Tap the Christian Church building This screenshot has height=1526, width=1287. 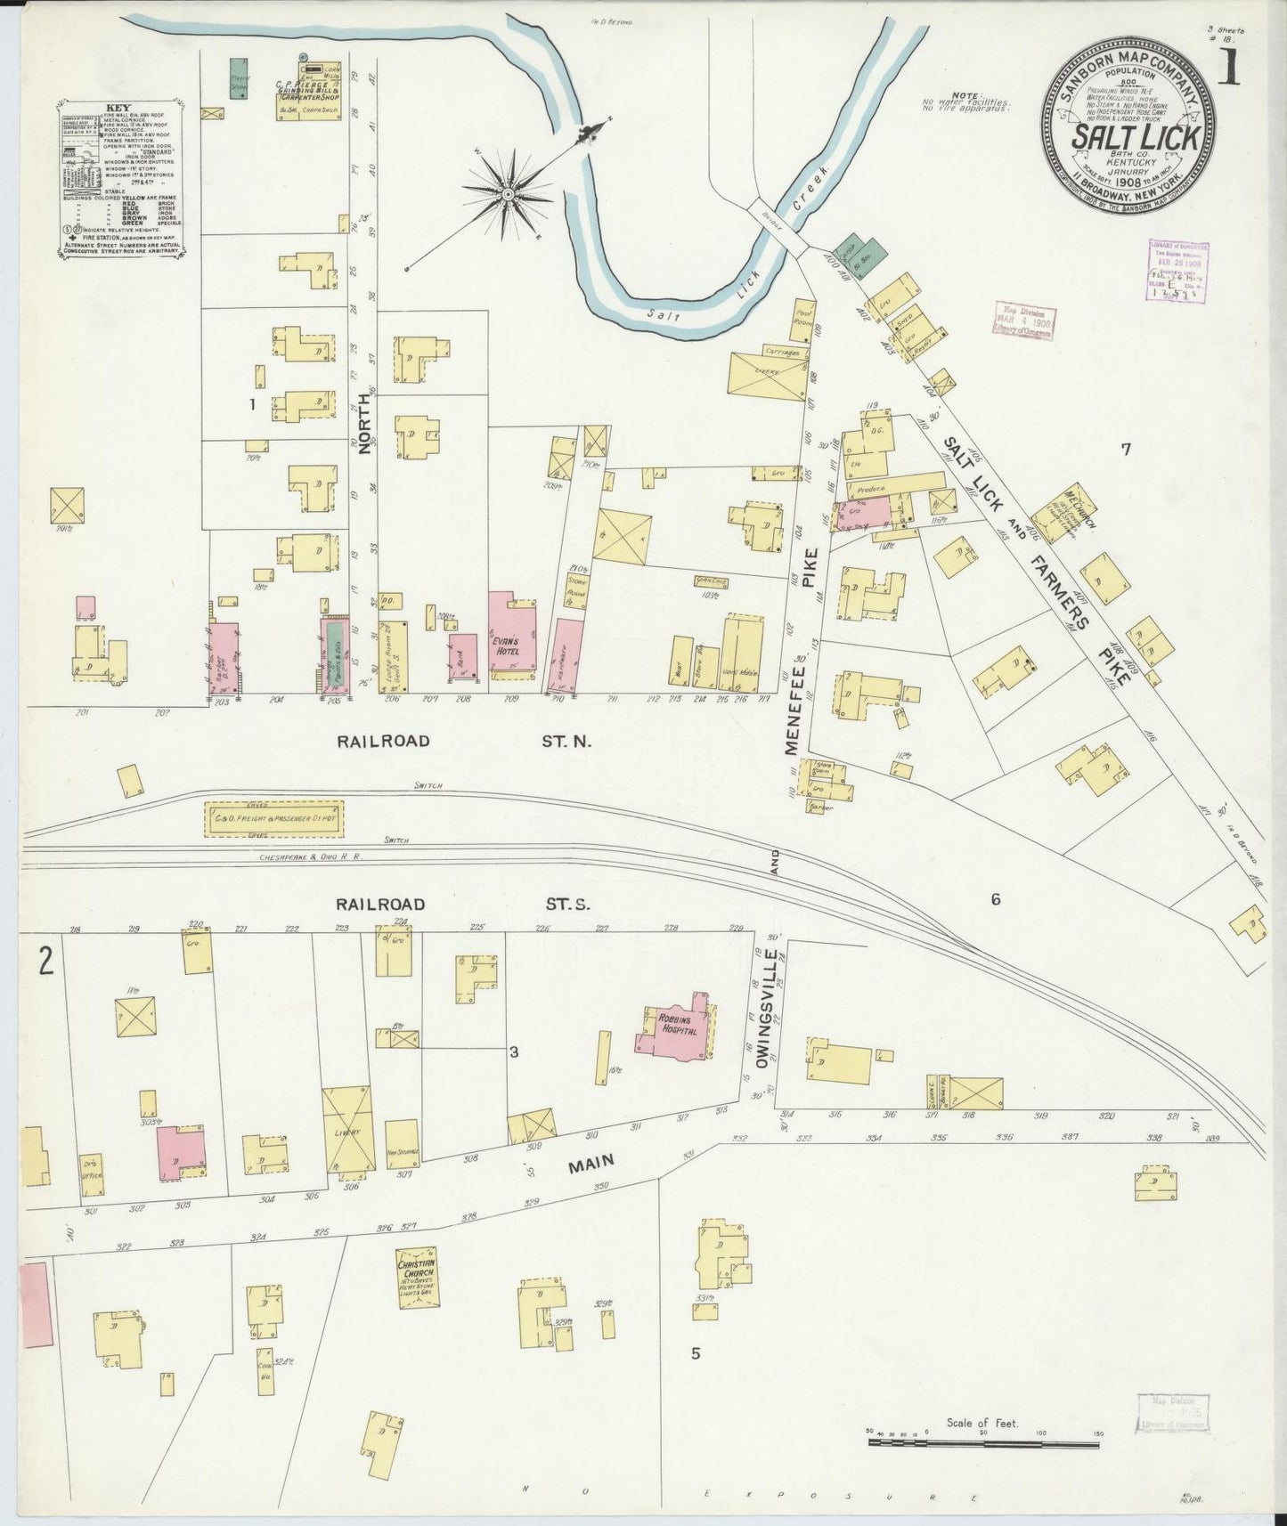(417, 1277)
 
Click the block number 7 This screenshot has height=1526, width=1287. (1125, 450)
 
